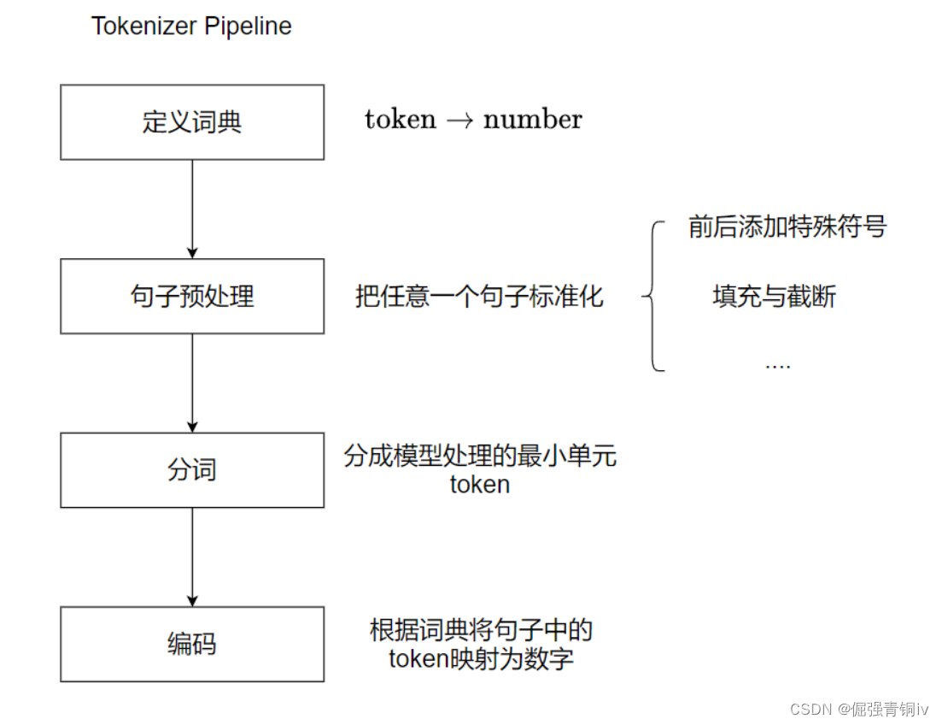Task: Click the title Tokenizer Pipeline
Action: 191,27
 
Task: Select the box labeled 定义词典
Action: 192,122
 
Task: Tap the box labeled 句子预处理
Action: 192,297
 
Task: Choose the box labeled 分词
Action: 192,470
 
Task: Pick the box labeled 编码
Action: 192,644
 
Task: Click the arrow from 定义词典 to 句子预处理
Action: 192,209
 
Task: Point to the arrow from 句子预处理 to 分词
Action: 192,382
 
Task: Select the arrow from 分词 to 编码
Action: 192,557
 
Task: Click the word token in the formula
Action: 400,120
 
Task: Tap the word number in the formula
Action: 532,120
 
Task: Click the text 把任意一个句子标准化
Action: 479,297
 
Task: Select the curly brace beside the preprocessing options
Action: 652,297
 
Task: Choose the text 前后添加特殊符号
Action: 787,227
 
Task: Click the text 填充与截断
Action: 775,297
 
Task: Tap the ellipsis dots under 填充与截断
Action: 777,366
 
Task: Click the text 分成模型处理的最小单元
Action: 480,456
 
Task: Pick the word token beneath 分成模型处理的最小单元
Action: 480,485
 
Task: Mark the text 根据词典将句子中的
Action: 481,631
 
